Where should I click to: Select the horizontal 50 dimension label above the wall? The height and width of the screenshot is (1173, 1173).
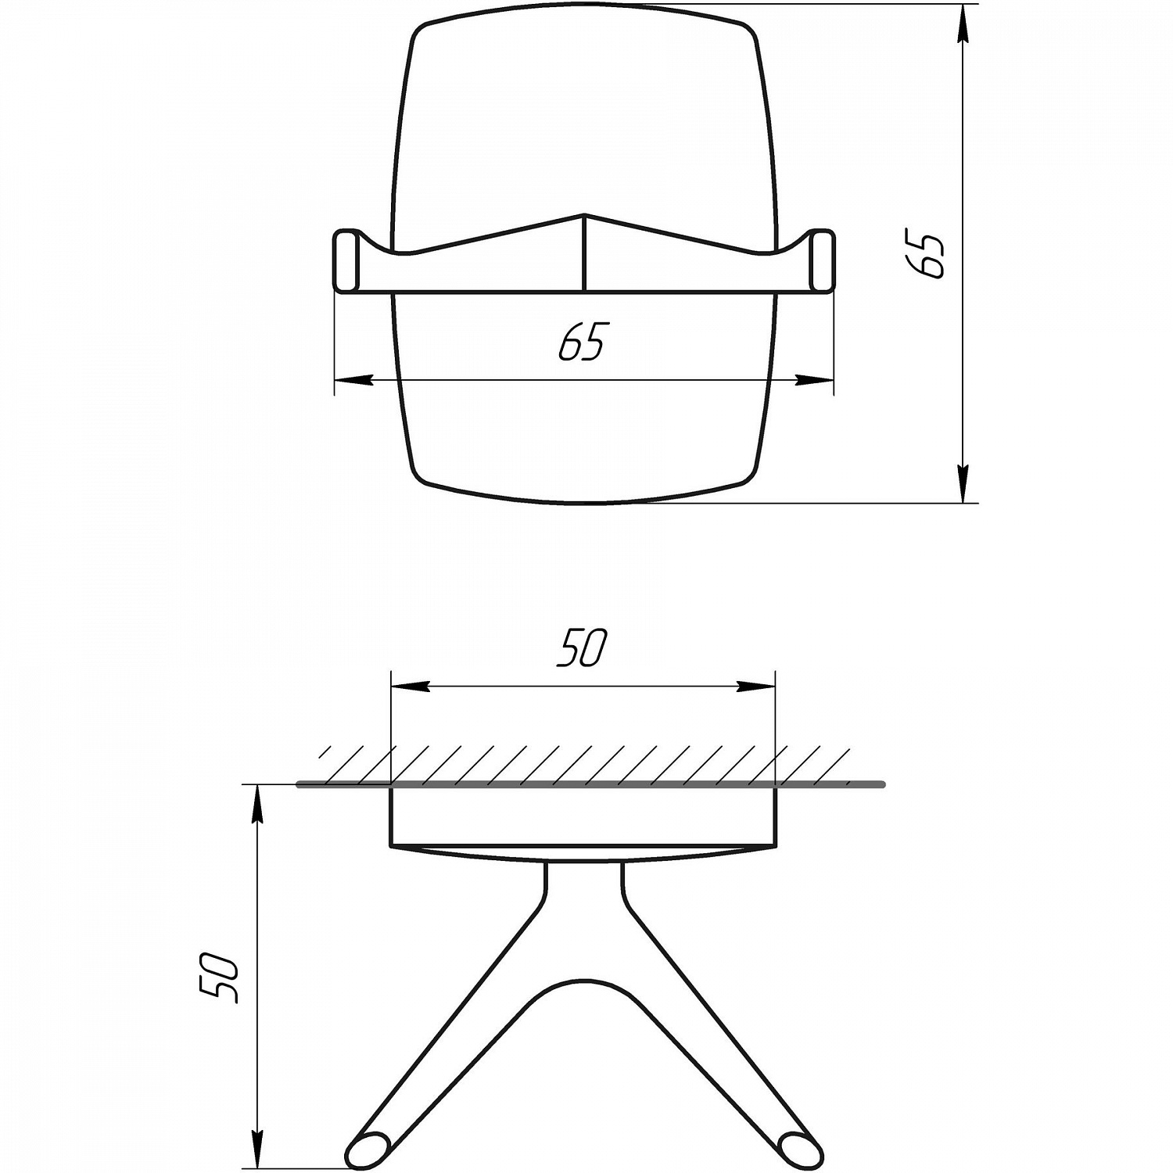coord(582,648)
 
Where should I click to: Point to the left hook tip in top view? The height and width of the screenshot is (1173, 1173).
coord(346,261)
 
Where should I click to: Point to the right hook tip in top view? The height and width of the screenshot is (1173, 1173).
coord(823,261)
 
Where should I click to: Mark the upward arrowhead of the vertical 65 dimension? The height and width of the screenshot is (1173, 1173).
coord(963,23)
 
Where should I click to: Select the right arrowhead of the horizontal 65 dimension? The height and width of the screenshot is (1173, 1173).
coord(815,380)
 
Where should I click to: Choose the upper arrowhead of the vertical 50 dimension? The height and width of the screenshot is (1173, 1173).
coord(256,805)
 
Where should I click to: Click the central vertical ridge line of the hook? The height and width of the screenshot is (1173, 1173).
coord(584,253)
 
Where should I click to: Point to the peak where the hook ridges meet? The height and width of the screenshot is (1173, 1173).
coord(584,214)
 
